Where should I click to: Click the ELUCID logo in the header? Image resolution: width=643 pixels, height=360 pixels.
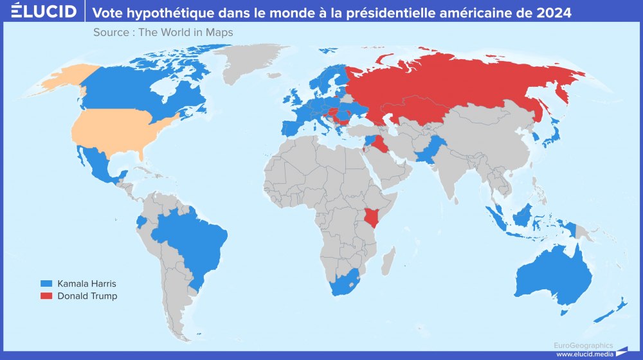point(39,12)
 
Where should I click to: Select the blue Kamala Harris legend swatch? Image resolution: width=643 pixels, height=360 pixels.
point(46,283)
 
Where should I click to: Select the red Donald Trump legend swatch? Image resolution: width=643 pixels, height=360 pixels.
point(46,296)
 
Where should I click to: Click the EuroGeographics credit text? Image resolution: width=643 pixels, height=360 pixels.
point(584,345)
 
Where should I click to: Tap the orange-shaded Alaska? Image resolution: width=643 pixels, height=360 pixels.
point(61,80)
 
